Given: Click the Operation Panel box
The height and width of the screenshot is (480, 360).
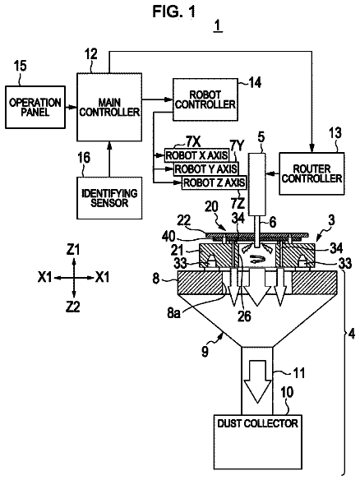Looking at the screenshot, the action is [x=35, y=107].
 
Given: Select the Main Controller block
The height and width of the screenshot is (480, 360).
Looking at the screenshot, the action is [x=109, y=107].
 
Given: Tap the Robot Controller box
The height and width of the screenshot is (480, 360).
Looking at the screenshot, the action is [x=205, y=99].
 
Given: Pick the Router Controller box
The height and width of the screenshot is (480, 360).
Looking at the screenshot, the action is [x=312, y=173].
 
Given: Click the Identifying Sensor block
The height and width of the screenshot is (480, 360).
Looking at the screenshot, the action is [x=109, y=198].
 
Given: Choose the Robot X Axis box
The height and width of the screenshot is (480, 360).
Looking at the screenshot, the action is [x=196, y=155].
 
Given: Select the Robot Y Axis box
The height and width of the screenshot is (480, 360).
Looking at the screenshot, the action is [x=205, y=168].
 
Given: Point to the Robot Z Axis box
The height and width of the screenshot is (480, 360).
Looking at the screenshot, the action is [x=214, y=182].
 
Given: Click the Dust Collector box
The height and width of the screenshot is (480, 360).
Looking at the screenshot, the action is [x=258, y=442].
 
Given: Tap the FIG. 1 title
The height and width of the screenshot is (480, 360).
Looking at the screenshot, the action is [x=173, y=12].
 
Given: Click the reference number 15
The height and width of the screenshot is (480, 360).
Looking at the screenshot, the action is [x=21, y=66].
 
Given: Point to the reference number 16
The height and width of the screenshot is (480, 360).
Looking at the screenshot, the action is [x=84, y=158].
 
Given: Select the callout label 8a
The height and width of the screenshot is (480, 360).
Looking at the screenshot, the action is [x=173, y=314].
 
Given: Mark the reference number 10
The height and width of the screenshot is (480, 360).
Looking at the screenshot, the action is [x=287, y=392].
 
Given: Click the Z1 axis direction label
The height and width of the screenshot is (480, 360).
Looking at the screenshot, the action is [x=73, y=250].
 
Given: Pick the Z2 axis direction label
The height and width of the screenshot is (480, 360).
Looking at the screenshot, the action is [x=73, y=307].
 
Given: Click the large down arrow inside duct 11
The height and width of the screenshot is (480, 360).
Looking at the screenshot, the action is [x=257, y=381].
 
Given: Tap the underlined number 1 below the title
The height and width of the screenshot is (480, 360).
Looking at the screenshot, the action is [x=218, y=26].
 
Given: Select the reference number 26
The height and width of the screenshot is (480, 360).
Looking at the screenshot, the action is [x=244, y=316].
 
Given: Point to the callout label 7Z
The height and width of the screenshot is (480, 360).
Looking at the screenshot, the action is [x=238, y=203].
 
